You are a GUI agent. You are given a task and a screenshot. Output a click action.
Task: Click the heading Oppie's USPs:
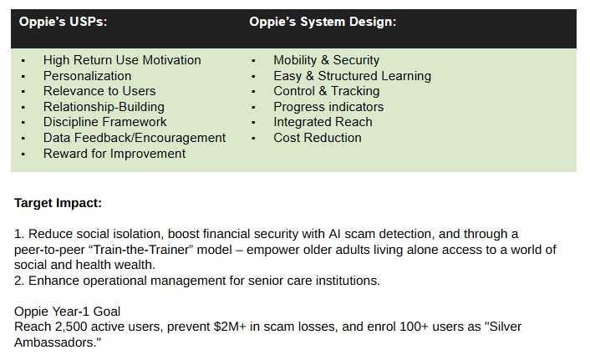coord(63,22)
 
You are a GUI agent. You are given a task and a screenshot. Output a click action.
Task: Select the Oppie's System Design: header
coord(323,22)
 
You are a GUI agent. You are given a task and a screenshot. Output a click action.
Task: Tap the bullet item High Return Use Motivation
coord(122,60)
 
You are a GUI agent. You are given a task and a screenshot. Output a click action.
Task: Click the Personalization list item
coord(87,76)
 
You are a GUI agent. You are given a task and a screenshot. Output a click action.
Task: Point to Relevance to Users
coord(99,91)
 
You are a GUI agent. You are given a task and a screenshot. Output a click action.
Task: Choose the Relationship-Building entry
coord(104,107)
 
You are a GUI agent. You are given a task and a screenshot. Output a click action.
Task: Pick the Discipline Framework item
coord(104,122)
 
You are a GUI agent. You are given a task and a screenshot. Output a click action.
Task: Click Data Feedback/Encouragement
coord(135,138)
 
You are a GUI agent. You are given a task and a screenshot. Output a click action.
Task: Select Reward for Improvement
coord(114,154)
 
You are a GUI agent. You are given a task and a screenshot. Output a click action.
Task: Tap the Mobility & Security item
coord(326,60)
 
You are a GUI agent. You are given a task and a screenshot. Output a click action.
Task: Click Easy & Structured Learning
coord(352,76)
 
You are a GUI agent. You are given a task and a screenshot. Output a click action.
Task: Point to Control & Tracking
coord(326,91)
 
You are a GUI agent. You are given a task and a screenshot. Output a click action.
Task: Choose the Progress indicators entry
coord(328,107)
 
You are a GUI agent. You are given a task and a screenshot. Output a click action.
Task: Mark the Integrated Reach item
coord(323,122)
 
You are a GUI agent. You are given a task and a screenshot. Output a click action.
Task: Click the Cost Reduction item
coord(318,138)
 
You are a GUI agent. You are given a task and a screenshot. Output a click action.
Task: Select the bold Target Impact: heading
coord(58,203)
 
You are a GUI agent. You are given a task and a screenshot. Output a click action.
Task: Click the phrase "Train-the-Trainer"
coord(142,250)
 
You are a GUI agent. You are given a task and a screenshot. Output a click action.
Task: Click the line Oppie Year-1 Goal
coord(68,312)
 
